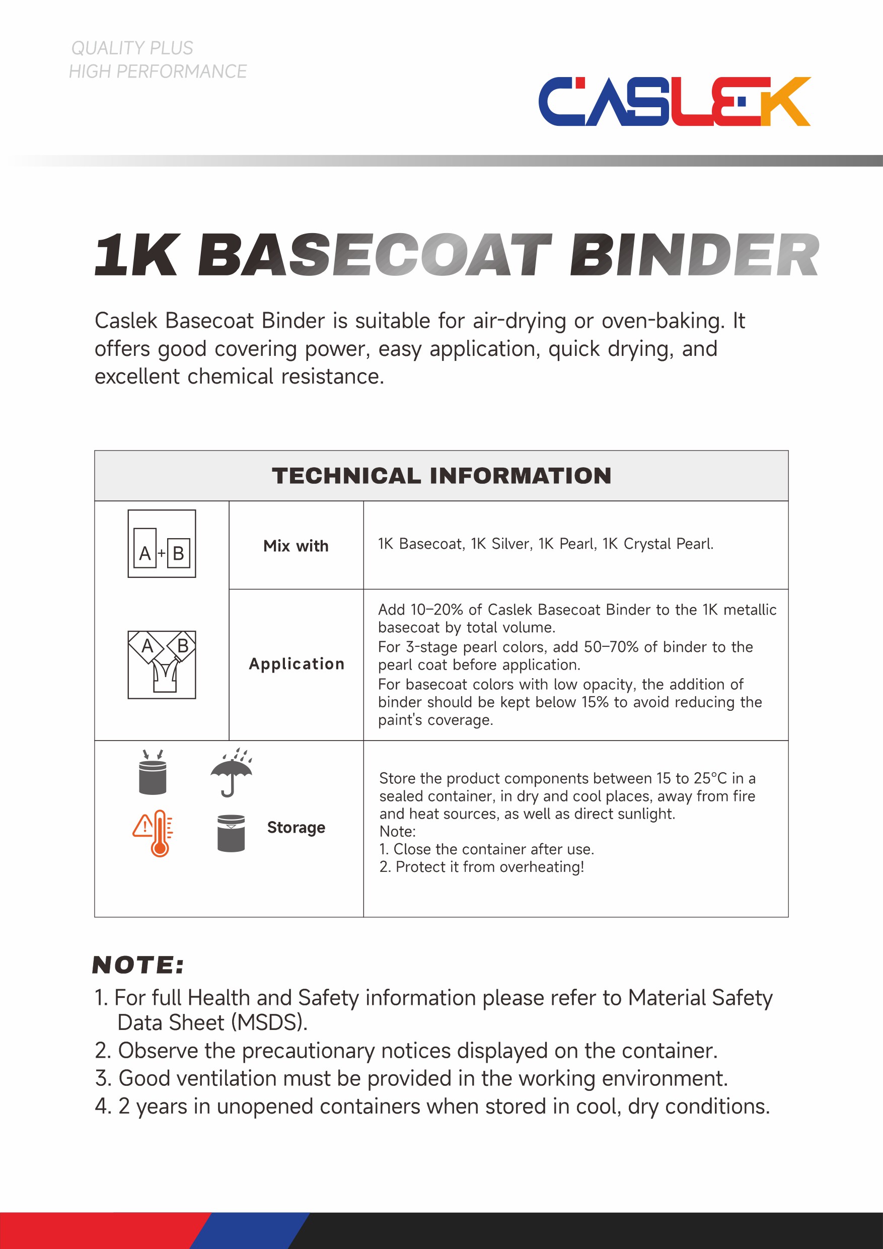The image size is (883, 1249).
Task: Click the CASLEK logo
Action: (674, 101)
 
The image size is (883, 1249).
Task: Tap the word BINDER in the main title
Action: (694, 255)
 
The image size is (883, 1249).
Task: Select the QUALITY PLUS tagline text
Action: (132, 48)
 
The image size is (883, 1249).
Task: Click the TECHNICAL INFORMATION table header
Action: (441, 475)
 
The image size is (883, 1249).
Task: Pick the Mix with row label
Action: (296, 546)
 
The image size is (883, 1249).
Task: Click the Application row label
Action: (297, 664)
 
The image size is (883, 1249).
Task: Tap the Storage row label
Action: (296, 828)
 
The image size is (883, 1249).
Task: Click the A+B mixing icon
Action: (162, 543)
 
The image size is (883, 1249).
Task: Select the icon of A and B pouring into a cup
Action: (162, 665)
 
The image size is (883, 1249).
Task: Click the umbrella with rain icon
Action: (231, 772)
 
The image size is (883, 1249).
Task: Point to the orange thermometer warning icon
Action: (154, 832)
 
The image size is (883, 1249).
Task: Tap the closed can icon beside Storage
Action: (231, 832)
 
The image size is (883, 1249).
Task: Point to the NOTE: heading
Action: (138, 965)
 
